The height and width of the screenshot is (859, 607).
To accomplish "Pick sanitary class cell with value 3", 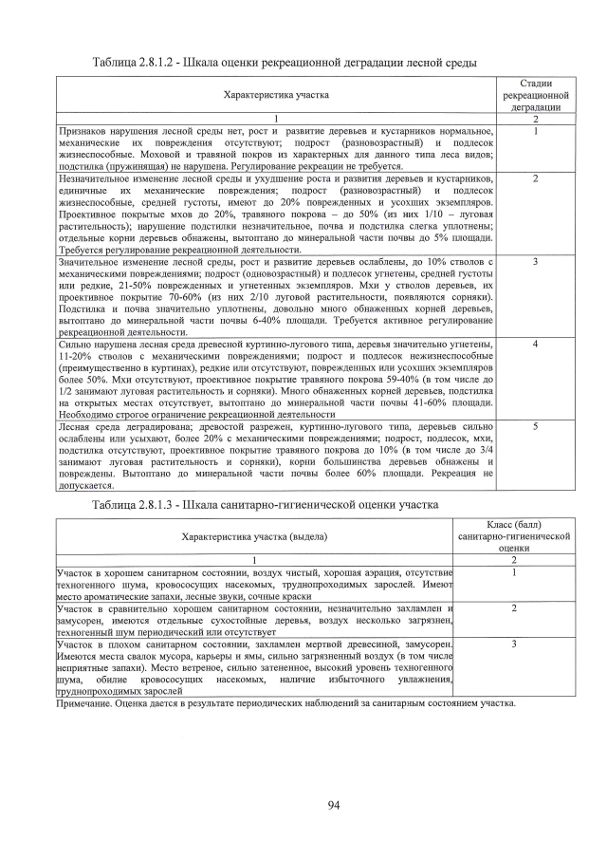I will point(513,644).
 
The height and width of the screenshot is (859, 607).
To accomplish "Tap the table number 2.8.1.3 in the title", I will point(163,503).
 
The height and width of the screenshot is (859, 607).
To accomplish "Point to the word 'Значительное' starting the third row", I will point(89,261).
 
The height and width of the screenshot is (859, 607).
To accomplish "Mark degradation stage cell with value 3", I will point(536,260).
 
